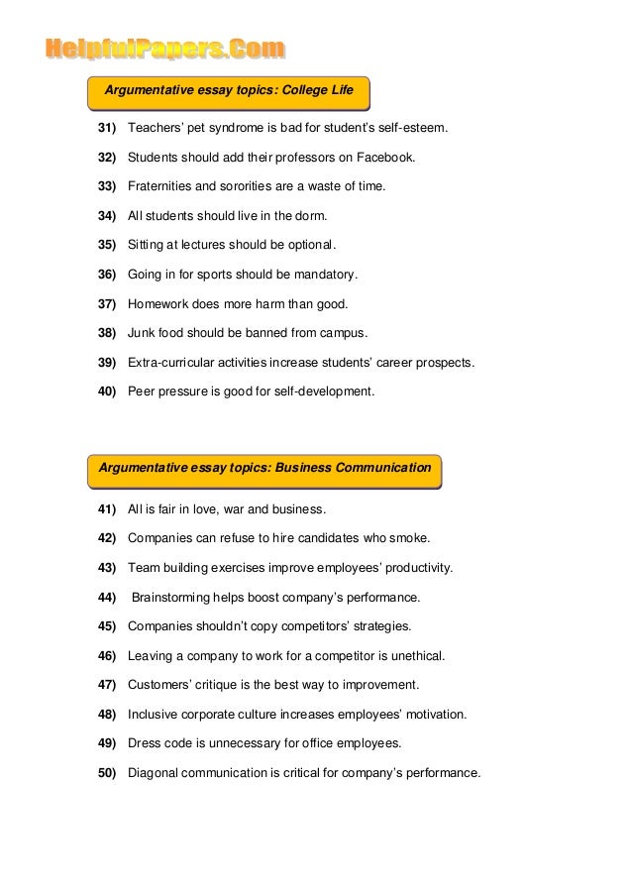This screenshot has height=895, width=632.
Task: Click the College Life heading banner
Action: [x=228, y=90]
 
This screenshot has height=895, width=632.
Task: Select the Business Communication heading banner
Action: [x=264, y=468]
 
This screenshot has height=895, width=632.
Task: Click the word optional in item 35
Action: [x=309, y=243]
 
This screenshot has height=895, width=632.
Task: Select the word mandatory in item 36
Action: [x=323, y=274]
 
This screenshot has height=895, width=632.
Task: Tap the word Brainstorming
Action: [x=178, y=598]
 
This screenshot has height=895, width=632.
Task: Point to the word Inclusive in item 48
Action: [x=156, y=714]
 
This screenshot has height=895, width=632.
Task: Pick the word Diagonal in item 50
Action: [x=157, y=772]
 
